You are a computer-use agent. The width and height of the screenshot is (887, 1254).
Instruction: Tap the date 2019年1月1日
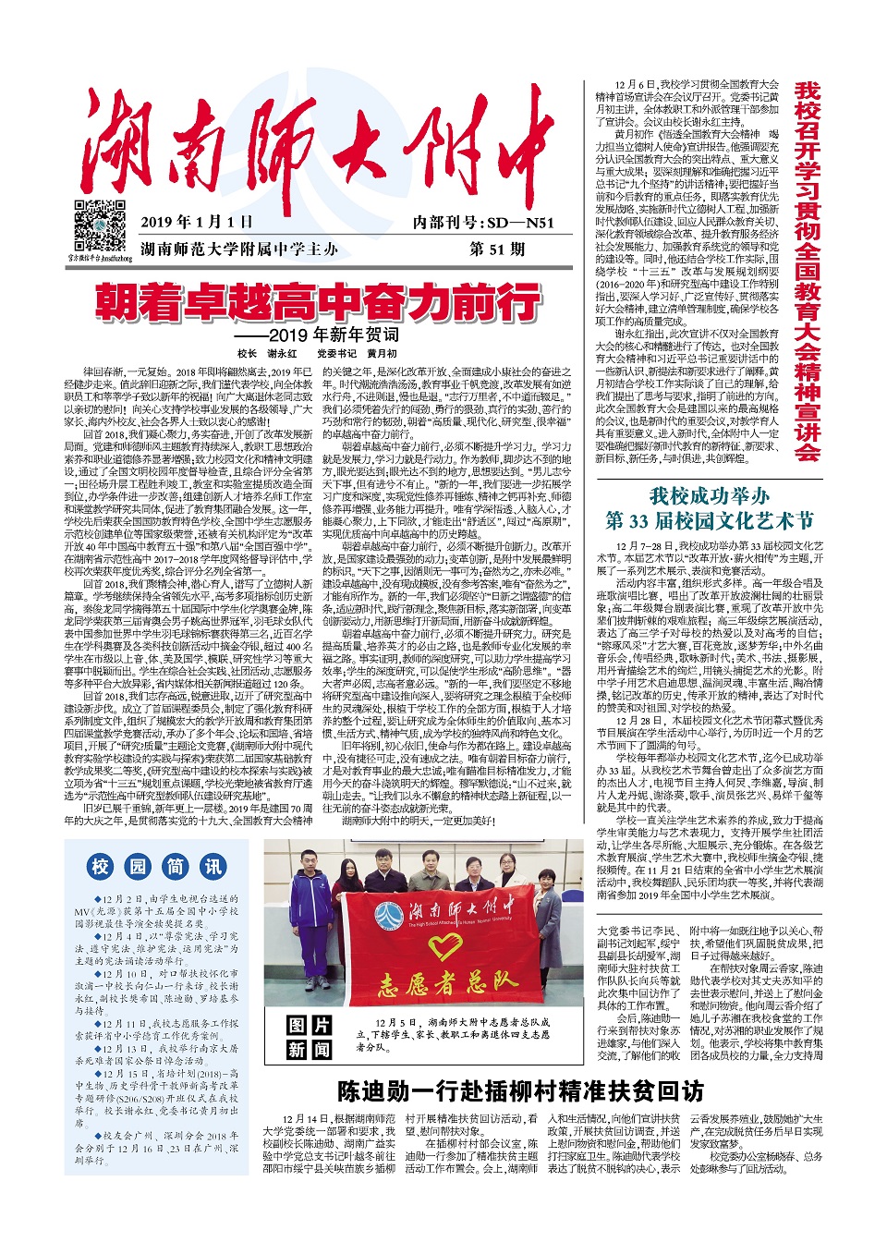[196, 222]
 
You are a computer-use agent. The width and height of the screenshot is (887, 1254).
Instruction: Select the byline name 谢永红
[282, 353]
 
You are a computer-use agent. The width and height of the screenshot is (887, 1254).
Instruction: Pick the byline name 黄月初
[382, 353]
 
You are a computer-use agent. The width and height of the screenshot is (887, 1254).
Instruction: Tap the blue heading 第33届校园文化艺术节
[709, 520]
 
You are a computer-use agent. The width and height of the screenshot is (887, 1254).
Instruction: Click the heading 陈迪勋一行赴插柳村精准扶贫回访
[520, 1091]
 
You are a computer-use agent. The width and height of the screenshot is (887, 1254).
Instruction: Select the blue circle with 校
[101, 866]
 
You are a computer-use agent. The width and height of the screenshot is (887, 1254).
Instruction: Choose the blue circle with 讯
[213, 866]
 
